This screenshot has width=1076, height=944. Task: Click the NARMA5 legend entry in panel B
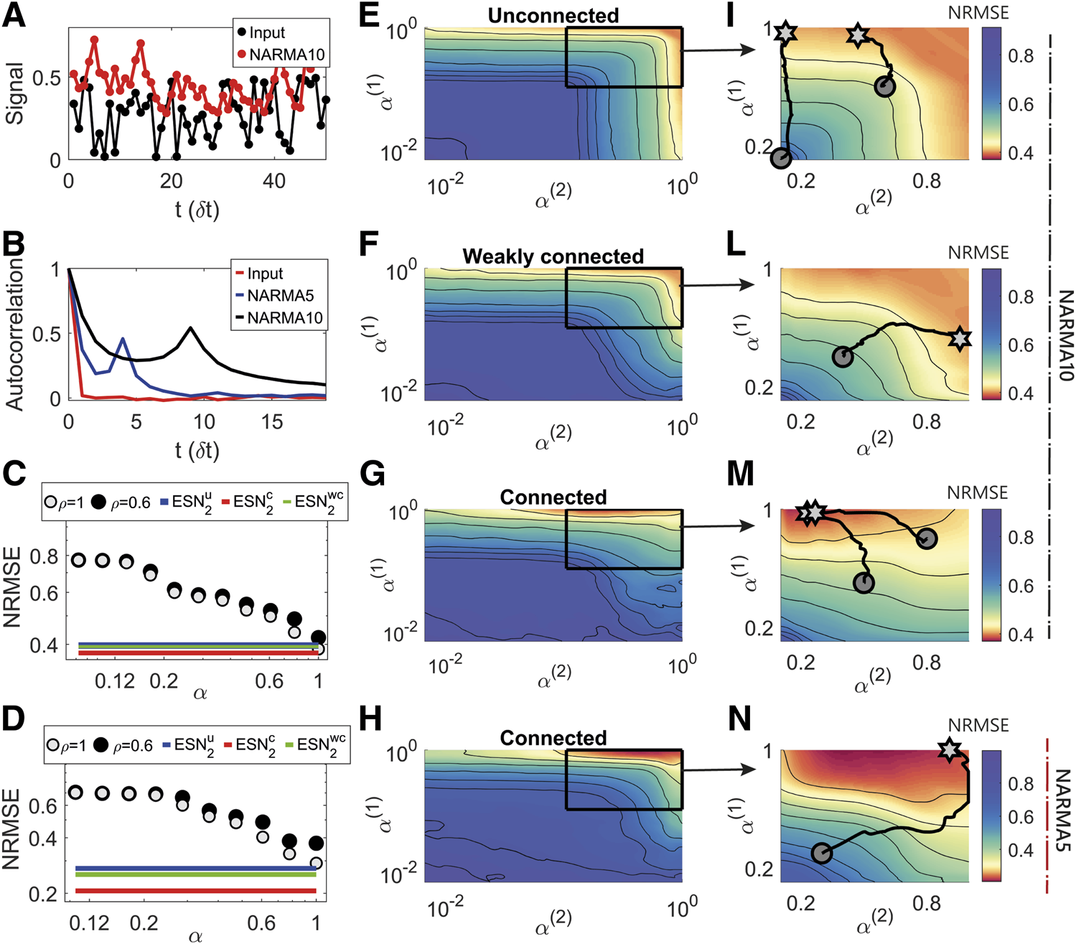click(x=280, y=296)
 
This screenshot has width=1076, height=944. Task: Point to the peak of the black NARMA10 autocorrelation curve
click(x=190, y=328)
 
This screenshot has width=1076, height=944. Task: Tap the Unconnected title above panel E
click(x=553, y=15)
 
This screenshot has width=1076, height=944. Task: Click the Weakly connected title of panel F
click(x=553, y=256)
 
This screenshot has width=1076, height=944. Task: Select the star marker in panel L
click(x=960, y=339)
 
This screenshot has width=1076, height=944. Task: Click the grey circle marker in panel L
click(x=843, y=356)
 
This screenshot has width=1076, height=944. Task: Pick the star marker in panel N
click(x=950, y=750)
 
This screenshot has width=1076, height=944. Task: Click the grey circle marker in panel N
click(x=821, y=853)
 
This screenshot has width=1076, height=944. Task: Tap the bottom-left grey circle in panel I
click(x=780, y=159)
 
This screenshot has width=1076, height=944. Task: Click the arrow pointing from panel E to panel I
click(x=718, y=50)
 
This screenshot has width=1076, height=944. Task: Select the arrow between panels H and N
click(x=718, y=770)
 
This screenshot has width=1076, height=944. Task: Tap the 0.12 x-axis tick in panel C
click(x=115, y=681)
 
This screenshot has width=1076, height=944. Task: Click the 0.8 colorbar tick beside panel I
click(x=1020, y=56)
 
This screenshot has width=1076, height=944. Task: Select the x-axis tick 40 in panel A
click(x=274, y=181)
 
